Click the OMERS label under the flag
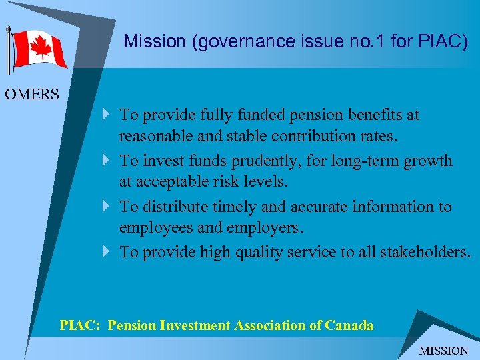pos(32,94)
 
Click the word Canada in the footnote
pos(349,325)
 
